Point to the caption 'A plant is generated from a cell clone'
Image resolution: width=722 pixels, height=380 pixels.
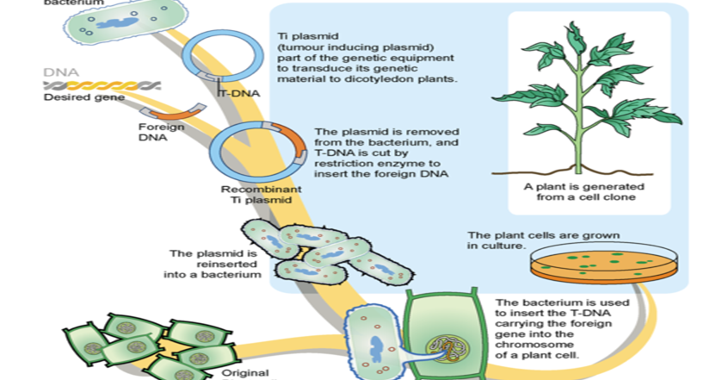580,191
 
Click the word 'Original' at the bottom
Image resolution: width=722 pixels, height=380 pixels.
246,373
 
